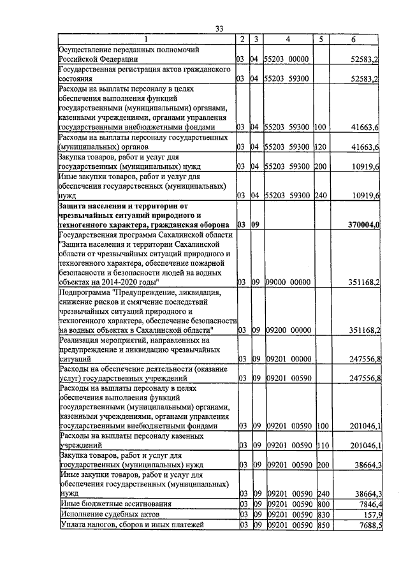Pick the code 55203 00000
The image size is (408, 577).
click(x=287, y=59)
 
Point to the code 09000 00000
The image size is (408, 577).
click(x=287, y=281)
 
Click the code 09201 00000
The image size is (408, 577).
click(x=287, y=360)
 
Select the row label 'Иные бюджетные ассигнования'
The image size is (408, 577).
click(x=113, y=503)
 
